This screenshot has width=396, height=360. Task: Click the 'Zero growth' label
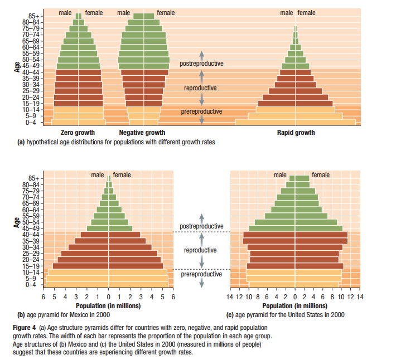tap(78, 133)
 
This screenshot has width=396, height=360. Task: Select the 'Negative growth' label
tap(142, 133)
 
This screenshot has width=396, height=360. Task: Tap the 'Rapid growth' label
tap(296, 133)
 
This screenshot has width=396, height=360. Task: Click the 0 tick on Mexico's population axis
tap(109, 298)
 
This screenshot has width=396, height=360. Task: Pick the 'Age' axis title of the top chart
tap(17, 66)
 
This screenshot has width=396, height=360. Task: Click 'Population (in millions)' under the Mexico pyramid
tap(109, 306)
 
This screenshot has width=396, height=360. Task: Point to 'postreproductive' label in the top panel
tap(201, 64)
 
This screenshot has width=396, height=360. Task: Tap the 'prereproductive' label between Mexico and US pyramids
tap(201, 274)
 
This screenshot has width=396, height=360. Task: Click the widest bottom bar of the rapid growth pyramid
tap(295, 121)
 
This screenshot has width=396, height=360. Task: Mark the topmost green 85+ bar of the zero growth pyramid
tap(79, 16)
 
